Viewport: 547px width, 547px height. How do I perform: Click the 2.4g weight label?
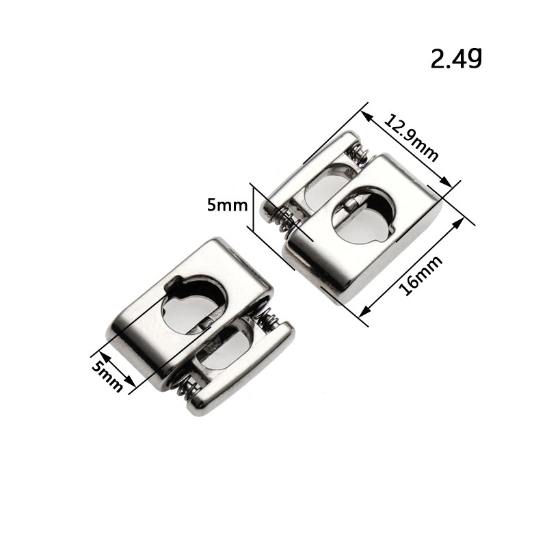[456, 58]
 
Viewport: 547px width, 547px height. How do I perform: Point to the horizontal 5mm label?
[227, 204]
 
